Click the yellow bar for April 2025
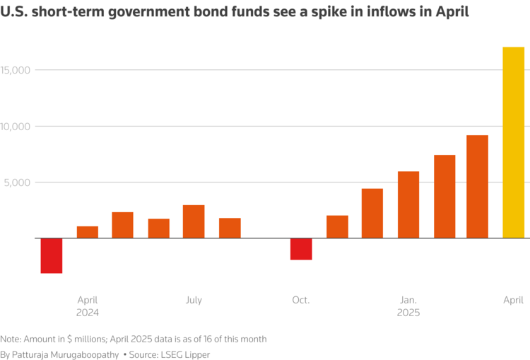click(x=513, y=142)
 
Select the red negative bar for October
click(x=301, y=249)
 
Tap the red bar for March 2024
click(x=52, y=255)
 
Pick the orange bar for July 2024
click(x=194, y=221)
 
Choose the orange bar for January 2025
click(x=408, y=204)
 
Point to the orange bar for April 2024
click(x=88, y=232)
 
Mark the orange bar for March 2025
click(x=477, y=187)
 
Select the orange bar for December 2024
click(x=372, y=213)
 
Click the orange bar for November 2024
click(x=337, y=226)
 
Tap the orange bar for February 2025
click(x=444, y=197)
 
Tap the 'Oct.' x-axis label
click(x=300, y=300)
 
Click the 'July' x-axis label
click(x=194, y=300)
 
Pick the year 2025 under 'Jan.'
click(x=408, y=313)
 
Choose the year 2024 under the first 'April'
click(x=88, y=313)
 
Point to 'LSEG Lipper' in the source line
click(x=188, y=354)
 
